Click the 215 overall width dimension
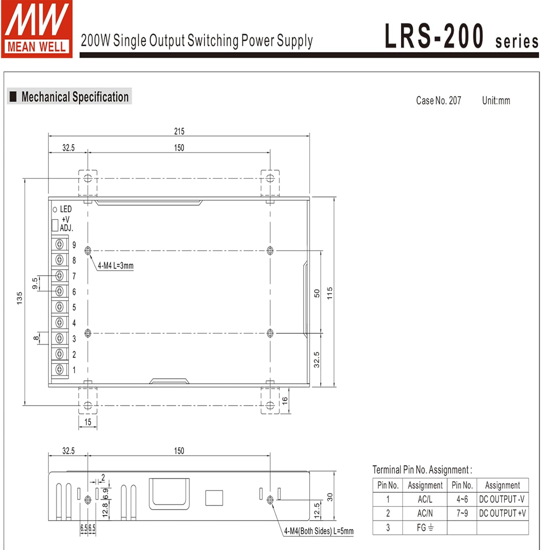click(x=179, y=131)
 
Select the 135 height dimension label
click(x=19, y=298)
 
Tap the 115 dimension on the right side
click(x=330, y=293)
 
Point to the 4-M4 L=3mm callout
click(x=115, y=265)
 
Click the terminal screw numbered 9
click(x=59, y=244)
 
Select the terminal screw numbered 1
click(x=59, y=369)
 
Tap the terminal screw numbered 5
click(x=59, y=307)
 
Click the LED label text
click(x=66, y=209)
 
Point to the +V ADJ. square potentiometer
click(x=55, y=225)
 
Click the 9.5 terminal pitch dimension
click(x=35, y=283)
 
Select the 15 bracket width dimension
click(x=88, y=422)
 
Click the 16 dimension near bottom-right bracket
click(x=285, y=401)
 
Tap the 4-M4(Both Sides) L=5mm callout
click(x=319, y=531)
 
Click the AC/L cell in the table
click(x=425, y=499)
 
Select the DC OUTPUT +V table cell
click(x=502, y=513)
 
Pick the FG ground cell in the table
click(x=425, y=528)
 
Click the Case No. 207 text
click(x=438, y=100)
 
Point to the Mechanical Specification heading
click(x=75, y=97)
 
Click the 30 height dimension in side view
click(x=330, y=497)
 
